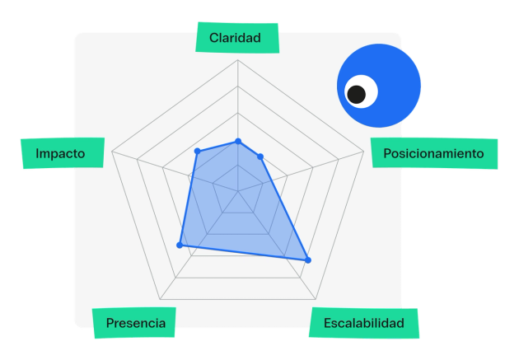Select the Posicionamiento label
tap(434, 153)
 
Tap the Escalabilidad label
tap(364, 323)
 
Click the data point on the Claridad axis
tap(237, 142)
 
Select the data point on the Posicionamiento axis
tap(260, 157)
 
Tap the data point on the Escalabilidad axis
tap(308, 260)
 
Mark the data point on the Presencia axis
tap(180, 245)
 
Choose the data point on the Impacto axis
tap(198, 152)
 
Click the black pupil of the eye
tap(357, 95)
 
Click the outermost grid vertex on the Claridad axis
tap(237, 60)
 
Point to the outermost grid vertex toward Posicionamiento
tap(364, 152)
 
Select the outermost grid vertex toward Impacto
tap(112, 152)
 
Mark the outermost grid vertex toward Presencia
tap(160, 299)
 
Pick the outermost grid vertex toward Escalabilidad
tap(316, 299)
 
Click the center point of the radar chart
tap(237, 191)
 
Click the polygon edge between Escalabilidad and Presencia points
tap(244, 253)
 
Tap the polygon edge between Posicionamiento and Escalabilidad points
tap(284, 208)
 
